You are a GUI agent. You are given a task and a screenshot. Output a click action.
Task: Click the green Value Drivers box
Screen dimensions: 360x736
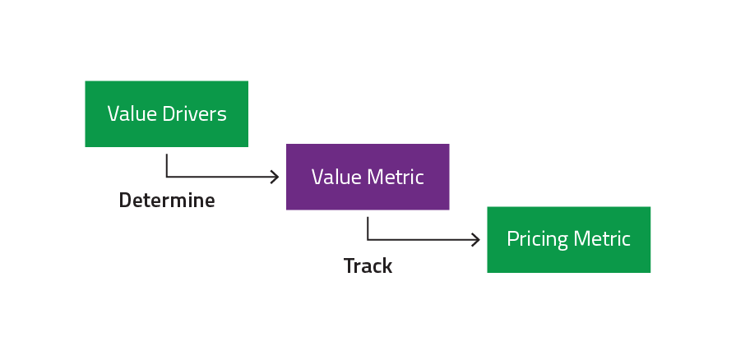pos(166,113)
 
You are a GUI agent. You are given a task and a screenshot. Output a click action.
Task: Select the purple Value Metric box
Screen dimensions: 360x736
pos(368,177)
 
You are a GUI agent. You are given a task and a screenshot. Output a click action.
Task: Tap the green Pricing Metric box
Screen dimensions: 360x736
pos(568,239)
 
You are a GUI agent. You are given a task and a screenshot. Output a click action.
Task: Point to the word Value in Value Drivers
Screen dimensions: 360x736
pos(131,113)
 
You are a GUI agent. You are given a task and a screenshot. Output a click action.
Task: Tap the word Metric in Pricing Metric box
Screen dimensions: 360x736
pos(602,239)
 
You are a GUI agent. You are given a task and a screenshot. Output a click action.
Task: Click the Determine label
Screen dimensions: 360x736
pos(167,201)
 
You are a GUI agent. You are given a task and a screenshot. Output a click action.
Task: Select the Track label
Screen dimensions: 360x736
pos(368,266)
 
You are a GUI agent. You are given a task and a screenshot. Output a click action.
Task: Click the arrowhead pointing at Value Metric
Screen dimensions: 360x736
pos(276,177)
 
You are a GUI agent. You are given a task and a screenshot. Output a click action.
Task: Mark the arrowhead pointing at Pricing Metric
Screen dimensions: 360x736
pos(477,240)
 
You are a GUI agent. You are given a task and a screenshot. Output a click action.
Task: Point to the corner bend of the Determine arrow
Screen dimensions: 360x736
pos(167,177)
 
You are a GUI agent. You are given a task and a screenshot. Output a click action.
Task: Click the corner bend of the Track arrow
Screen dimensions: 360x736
pos(368,240)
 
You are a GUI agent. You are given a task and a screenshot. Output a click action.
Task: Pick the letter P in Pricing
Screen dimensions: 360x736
pos(511,239)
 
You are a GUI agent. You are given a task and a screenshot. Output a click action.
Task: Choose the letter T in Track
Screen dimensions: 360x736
pos(349,266)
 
